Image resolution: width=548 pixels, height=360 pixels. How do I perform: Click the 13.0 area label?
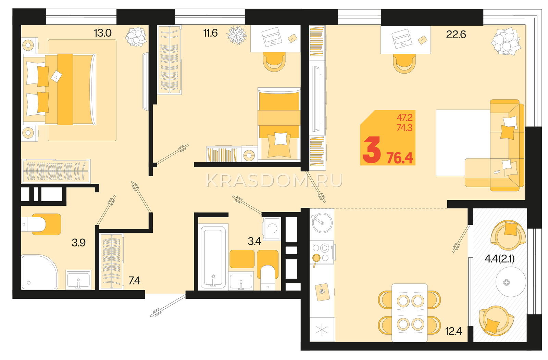tap(103, 33)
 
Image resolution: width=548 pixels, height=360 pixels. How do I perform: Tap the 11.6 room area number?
tap(210, 33)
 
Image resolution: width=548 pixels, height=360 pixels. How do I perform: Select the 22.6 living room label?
tap(456, 35)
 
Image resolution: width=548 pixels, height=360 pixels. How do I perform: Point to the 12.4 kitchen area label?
tap(453, 331)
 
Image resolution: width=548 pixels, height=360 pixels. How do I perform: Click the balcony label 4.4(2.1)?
tap(500, 259)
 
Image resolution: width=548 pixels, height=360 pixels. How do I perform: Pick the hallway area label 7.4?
tap(134, 281)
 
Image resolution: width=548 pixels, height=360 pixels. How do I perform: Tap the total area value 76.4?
tap(400, 158)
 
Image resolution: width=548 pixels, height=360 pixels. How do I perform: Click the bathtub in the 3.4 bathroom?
tap(213, 257)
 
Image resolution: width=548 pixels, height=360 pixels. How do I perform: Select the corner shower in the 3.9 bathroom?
tap(39, 272)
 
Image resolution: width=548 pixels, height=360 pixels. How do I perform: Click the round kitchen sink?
tap(322, 222)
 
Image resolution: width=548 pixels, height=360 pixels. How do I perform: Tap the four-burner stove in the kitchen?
tap(322, 253)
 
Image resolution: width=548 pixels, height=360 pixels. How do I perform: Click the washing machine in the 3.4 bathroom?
tap(272, 229)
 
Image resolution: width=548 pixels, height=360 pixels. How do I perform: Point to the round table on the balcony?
tap(511, 282)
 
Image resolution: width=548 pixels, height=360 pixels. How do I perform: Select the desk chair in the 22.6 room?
tap(404, 63)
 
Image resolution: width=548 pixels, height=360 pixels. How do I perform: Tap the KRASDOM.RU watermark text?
tap(274, 181)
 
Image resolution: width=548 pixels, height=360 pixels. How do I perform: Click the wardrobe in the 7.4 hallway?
tap(112, 261)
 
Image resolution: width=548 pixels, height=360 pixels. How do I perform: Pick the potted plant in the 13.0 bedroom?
tap(136, 37)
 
